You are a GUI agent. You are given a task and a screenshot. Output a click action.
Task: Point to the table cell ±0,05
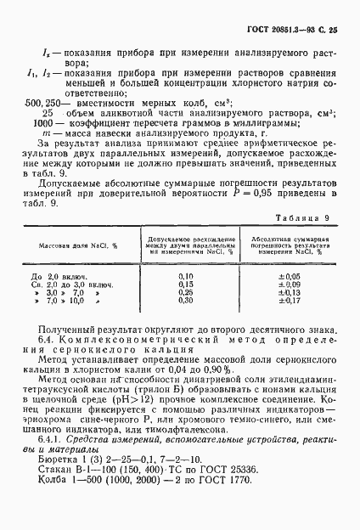pos(290,277)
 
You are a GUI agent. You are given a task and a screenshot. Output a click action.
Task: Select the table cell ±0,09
pos(290,285)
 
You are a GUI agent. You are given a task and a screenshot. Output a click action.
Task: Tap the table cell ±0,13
pos(290,292)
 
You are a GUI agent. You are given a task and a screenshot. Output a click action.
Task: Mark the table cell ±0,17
pos(290,300)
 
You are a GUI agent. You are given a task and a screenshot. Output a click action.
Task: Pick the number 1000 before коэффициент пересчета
pos(40,123)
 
